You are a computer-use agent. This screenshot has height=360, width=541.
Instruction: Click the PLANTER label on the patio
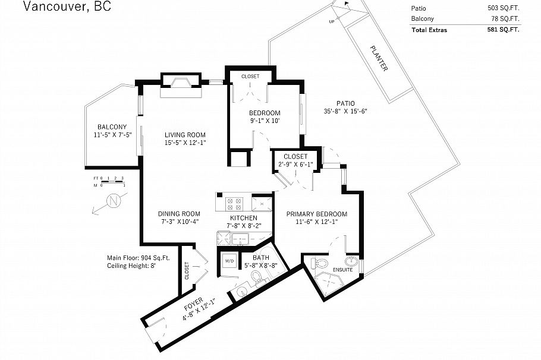coord(379,59)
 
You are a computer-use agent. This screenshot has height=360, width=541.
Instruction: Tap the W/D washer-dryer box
coord(229,261)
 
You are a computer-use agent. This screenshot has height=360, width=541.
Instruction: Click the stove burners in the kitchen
coord(234,204)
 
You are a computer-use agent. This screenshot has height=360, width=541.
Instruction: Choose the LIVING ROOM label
coord(185,135)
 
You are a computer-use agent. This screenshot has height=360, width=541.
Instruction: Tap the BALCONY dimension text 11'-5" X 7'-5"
coord(112,135)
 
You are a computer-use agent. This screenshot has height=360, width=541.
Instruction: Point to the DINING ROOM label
coord(179,214)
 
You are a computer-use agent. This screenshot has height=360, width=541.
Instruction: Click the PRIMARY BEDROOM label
coord(316,214)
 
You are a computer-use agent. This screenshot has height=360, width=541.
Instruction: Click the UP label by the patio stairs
coord(332,21)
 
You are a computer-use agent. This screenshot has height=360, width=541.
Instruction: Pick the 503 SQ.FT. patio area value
coord(502,8)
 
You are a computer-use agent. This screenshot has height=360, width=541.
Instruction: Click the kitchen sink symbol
coord(240,239)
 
